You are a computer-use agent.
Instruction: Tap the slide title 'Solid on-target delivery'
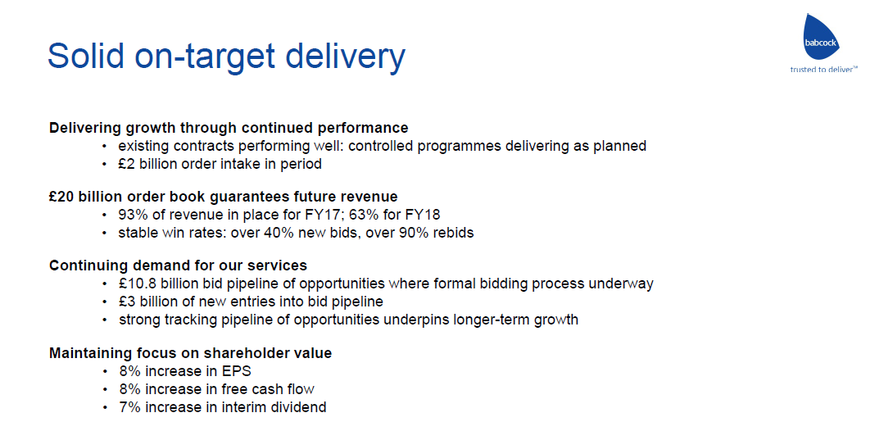tap(226, 55)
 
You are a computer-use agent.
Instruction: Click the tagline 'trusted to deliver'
tap(823, 70)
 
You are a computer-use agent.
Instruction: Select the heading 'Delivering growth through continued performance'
tap(229, 128)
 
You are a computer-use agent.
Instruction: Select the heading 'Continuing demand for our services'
tap(179, 265)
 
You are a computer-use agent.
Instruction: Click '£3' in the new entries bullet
tap(125, 302)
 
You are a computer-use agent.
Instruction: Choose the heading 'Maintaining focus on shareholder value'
tap(191, 354)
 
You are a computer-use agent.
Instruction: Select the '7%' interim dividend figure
tap(129, 407)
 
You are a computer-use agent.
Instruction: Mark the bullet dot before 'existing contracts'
tap(104, 147)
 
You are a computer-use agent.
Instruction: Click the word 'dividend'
tap(302, 407)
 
